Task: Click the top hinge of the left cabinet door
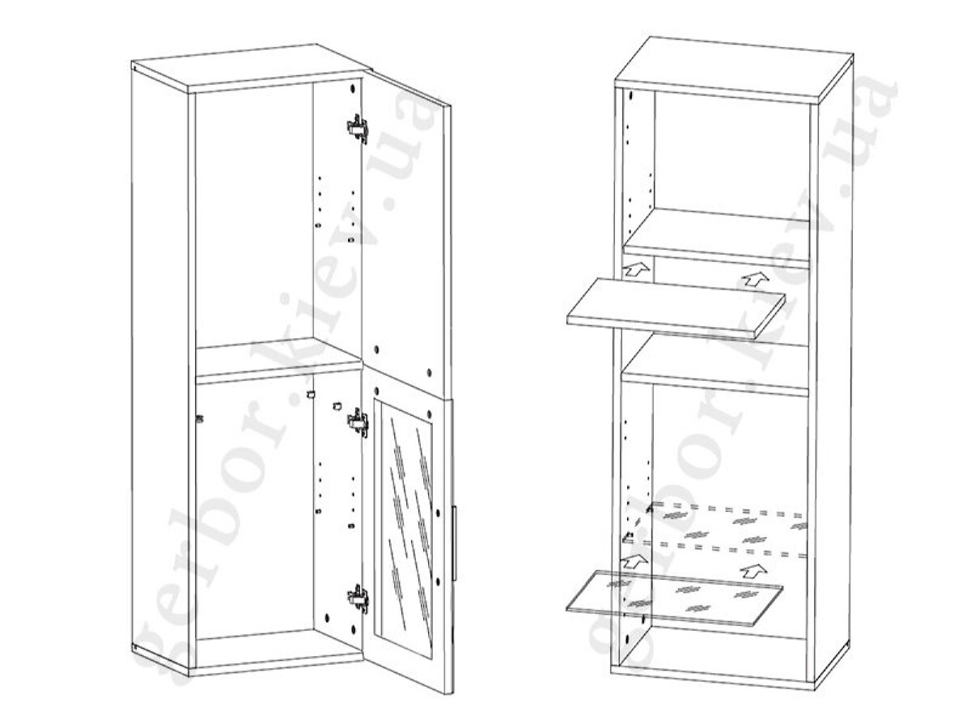358,128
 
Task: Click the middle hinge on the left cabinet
358,423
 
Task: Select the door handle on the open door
454,544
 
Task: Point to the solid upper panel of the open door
406,239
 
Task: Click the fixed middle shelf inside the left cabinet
278,360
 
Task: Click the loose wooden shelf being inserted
676,308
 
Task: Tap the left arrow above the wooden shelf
636,269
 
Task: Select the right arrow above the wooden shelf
755,279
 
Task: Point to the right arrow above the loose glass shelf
754,570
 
